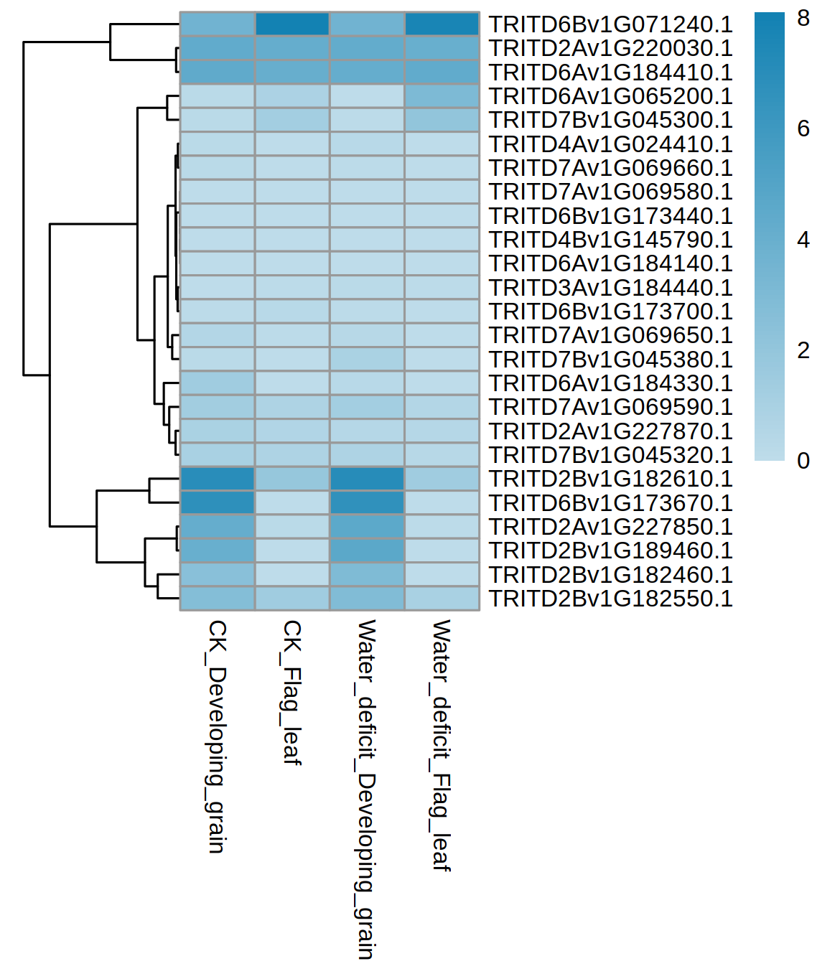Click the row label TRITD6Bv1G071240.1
pos(610,24)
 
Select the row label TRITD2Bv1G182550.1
pos(610,599)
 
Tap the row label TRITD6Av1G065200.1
pos(610,96)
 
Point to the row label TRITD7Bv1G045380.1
pos(610,360)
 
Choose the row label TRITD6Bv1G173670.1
pos(610,503)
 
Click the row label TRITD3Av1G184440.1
pos(610,288)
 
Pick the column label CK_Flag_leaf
pos(291,693)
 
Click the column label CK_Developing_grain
pos(217,736)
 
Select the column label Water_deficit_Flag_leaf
pos(441,745)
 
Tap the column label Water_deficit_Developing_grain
pos(366,790)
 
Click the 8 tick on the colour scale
pos(803,19)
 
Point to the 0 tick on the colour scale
pos(803,461)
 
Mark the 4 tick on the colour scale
pos(803,240)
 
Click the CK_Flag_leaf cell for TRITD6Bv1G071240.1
pos(292,24)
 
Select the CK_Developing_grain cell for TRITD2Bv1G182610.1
pos(218,479)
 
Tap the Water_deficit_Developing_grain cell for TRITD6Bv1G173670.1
pos(367,503)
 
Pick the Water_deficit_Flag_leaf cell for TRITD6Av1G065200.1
pos(442,96)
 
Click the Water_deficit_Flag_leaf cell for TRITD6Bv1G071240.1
pos(442,24)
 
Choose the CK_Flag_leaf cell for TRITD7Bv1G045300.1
pos(292,120)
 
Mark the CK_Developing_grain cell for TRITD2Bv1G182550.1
pos(218,599)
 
